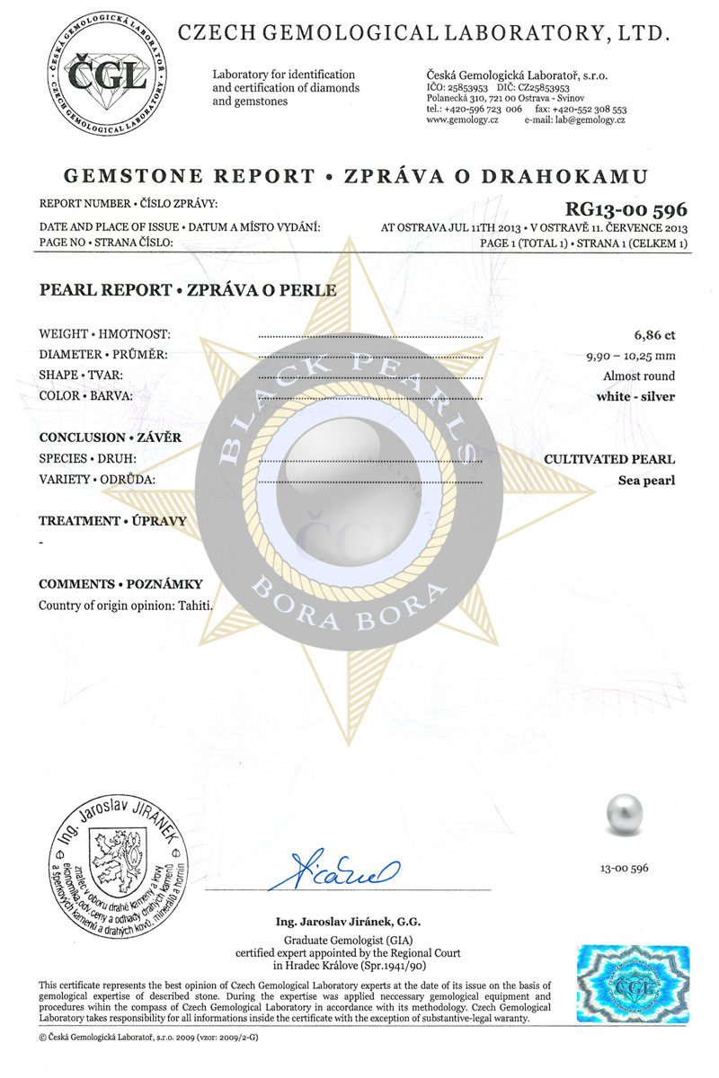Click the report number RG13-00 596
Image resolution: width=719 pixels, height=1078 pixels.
click(x=626, y=210)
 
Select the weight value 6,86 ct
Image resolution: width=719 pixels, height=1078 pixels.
click(x=654, y=335)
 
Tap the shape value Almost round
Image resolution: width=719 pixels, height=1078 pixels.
click(x=639, y=376)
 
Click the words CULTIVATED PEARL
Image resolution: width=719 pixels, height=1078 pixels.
click(x=609, y=459)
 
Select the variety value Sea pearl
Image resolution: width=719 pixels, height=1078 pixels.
click(x=646, y=480)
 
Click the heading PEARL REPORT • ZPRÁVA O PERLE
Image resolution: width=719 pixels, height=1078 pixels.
click(x=188, y=290)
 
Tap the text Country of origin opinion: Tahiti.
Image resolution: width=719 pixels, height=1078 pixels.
click(x=126, y=605)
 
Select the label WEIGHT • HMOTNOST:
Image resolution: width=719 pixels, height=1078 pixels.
click(x=105, y=334)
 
